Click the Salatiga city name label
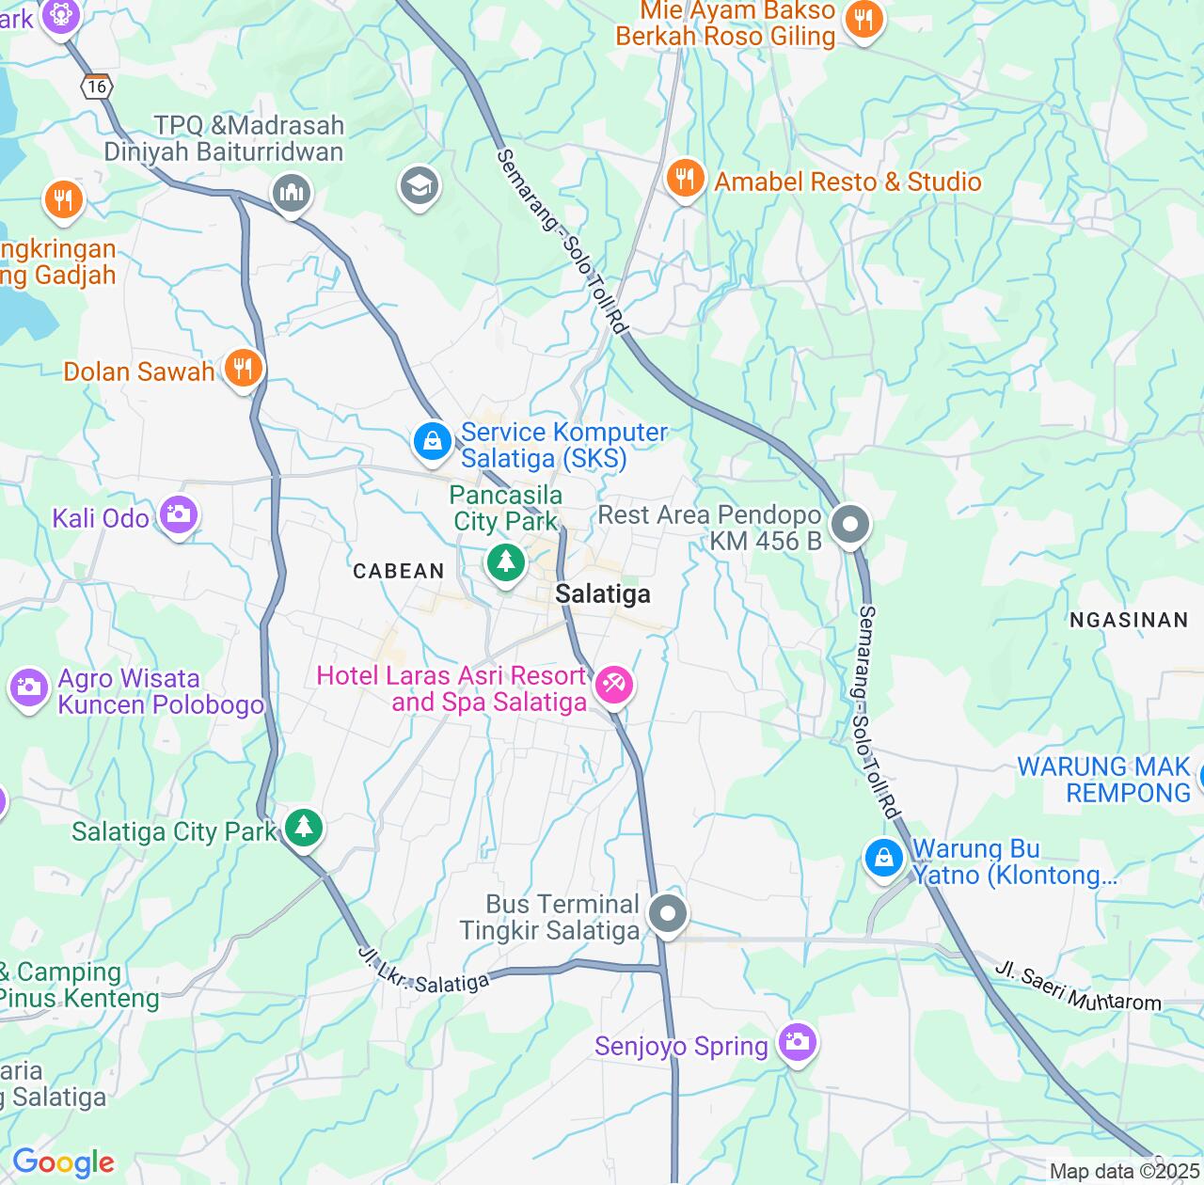pos(602,593)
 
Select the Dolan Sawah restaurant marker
pos(244,368)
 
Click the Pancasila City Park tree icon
pos(506,562)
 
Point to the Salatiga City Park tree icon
pos(303,828)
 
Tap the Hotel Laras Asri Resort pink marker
pos(614,684)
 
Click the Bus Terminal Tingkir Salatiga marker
pos(668,913)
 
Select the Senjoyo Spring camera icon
pos(797,1042)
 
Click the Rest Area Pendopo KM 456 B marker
pos(850,525)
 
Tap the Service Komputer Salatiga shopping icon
pos(433,439)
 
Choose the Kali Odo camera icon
pos(178,514)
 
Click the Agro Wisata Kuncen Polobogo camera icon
pos(29,687)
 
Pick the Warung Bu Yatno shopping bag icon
pos(884,858)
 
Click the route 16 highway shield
pos(97,87)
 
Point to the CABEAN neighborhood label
pos(399,571)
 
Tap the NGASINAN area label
pos(1129,620)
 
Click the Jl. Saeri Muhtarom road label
pos(1078,987)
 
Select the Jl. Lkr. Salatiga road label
pos(424,972)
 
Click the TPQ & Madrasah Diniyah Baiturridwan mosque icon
pos(292,194)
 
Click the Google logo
pos(63,1162)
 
